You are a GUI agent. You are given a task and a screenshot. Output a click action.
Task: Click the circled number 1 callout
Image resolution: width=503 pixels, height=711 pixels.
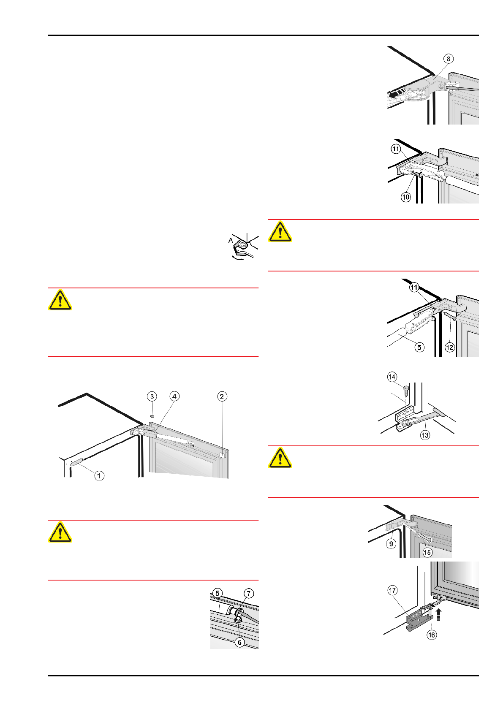pos(99,476)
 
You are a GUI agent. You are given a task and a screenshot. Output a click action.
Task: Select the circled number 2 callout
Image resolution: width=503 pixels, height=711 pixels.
pos(222,396)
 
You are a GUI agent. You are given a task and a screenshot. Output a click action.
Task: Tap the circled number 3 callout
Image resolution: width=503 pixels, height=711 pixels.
pos(152,396)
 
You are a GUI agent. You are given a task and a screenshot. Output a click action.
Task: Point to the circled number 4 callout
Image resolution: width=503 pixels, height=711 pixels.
pos(174,396)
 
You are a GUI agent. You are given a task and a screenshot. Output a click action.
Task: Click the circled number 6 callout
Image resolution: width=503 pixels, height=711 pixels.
pos(239,642)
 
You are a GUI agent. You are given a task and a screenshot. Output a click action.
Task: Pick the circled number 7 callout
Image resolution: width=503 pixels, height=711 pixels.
pos(249,594)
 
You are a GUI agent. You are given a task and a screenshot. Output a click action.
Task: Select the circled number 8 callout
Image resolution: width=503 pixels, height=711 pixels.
pos(449,59)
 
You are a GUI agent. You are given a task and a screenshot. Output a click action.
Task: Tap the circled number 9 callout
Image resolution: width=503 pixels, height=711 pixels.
pos(391,544)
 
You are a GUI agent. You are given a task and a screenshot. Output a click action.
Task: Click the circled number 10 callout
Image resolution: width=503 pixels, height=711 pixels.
pos(406,197)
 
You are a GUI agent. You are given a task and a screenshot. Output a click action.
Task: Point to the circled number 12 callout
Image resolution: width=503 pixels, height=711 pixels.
pos(450,347)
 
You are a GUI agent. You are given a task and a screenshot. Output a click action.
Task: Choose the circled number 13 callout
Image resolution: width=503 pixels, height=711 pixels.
pos(425,435)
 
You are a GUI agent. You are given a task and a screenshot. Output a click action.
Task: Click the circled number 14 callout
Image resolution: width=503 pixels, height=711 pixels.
pos(392,377)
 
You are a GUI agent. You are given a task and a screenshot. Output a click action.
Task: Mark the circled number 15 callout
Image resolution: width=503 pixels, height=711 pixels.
pos(427,552)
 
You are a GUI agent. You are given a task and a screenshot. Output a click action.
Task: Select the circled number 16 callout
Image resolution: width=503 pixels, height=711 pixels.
pos(432,635)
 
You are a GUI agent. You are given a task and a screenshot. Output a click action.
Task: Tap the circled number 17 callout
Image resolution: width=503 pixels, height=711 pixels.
pos(393,590)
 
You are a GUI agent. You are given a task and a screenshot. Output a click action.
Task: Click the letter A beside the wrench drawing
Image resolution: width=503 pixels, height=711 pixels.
pos(231,240)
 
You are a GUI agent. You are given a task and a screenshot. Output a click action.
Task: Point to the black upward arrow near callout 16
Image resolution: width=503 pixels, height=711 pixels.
pos(439,614)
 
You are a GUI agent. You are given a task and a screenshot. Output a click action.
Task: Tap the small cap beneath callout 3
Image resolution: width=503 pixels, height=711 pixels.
pos(152,416)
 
